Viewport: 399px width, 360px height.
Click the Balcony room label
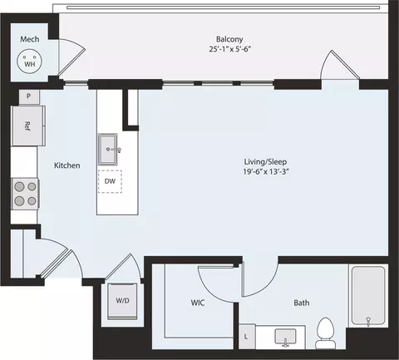pyautogui.click(x=224, y=37)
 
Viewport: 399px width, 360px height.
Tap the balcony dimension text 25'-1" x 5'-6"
pyautogui.click(x=224, y=49)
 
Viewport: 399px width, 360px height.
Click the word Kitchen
pyautogui.click(x=66, y=165)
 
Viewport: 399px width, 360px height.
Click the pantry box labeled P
pyautogui.click(x=28, y=96)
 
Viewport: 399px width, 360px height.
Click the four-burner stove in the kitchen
pyautogui.click(x=25, y=193)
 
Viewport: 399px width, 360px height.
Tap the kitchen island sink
pyautogui.click(x=110, y=150)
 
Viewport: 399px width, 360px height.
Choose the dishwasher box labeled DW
pyautogui.click(x=110, y=181)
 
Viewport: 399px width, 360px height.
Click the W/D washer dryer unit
pyautogui.click(x=121, y=300)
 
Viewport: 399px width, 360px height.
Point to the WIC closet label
pyautogui.click(x=198, y=304)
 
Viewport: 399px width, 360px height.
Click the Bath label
pyautogui.click(x=301, y=304)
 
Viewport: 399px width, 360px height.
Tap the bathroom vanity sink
pyautogui.click(x=288, y=338)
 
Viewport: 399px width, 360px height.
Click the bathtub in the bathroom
pyautogui.click(x=367, y=296)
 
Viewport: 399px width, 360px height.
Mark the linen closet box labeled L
pyautogui.click(x=246, y=336)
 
